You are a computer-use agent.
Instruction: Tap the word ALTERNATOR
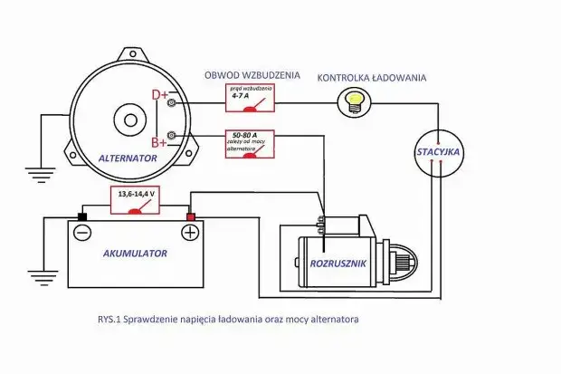128,158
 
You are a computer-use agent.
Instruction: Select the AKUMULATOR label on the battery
134,254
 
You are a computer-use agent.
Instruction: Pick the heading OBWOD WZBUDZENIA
252,76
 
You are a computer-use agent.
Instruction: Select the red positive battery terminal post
191,216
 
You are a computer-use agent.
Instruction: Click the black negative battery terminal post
81,216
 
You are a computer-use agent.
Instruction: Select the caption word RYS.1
109,319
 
